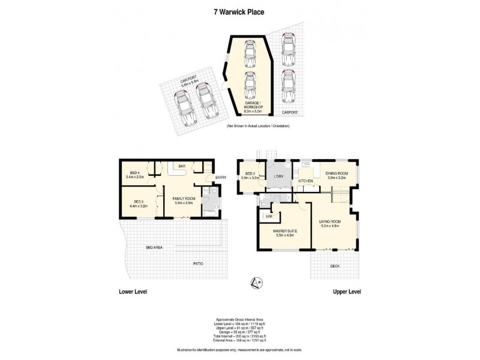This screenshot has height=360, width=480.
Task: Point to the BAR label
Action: click(x=181, y=166)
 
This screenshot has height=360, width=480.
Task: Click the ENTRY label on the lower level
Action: click(x=220, y=177)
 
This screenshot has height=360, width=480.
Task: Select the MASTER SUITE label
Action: click(x=286, y=229)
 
